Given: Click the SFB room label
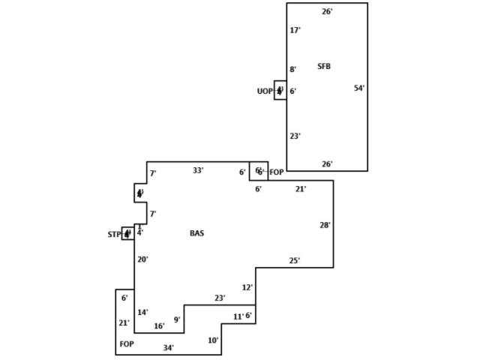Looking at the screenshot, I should point(324,67).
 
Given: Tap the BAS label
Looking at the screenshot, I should point(196,234).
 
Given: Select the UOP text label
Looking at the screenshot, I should point(265,91).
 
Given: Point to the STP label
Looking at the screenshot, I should point(114,235).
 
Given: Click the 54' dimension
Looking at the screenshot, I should point(359,88).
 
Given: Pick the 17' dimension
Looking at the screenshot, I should point(295,31).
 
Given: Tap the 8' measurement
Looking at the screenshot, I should point(293,70).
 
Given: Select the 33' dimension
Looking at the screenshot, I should point(198,171).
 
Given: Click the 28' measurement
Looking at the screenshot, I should point(325,225).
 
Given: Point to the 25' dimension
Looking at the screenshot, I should point(295,261).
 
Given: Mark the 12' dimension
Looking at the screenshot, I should point(247,287).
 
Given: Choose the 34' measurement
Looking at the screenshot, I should point(169,348).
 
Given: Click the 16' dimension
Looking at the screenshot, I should point(159,326).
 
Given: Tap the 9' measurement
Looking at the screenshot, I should point(177,320).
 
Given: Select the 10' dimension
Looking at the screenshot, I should point(213,340).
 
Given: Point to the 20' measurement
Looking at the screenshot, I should point(142,259).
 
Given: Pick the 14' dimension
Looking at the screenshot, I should point(142,313).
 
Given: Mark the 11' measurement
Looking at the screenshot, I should point(238,317).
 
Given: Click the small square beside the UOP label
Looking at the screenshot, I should point(280,91).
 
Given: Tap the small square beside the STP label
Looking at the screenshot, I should point(127,233).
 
